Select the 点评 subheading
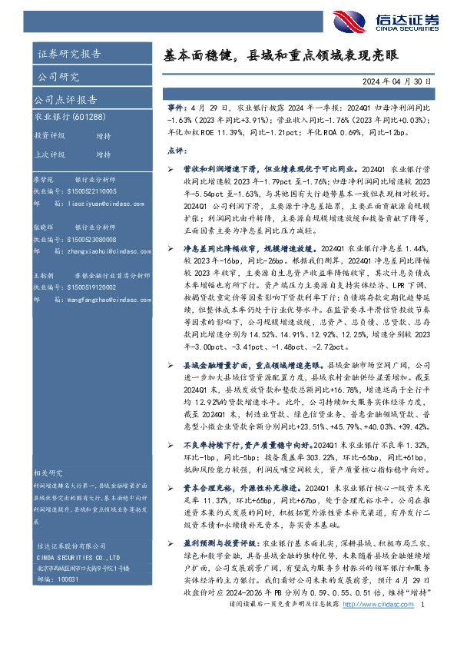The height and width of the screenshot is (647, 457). point(176,150)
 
